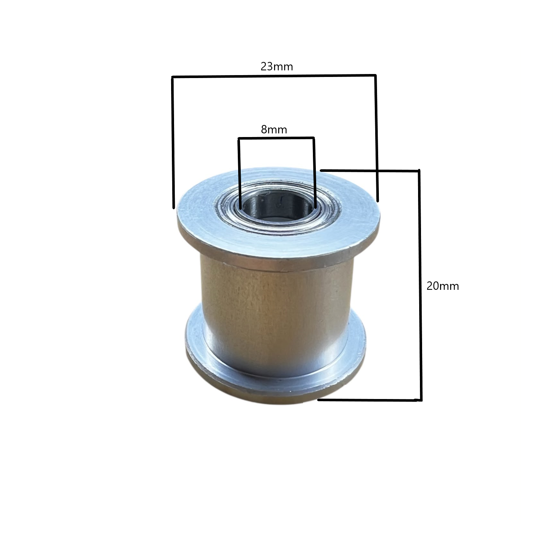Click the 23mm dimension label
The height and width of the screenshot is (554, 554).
[277, 67]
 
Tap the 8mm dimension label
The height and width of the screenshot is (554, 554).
[274, 129]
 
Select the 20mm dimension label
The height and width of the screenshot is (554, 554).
[443, 286]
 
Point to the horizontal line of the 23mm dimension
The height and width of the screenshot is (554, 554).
[274, 76]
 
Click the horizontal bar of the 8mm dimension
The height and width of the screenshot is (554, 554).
[276, 138]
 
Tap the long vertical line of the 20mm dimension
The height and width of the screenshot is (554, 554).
[420, 285]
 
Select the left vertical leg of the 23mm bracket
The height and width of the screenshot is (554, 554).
[173, 142]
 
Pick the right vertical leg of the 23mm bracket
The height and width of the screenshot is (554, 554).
[376, 138]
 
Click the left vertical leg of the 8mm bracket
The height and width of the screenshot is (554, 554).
[239, 173]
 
